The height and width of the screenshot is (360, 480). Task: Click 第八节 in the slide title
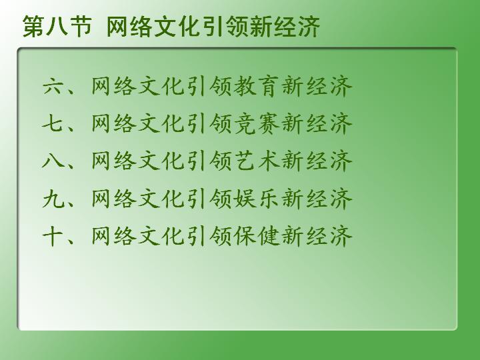coord(57,27)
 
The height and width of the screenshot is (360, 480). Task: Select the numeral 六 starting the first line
coord(54,86)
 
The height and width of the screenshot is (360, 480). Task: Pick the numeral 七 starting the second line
coord(54,124)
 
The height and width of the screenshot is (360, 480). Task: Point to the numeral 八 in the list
coord(54,161)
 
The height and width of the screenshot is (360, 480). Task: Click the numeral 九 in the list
coord(54,199)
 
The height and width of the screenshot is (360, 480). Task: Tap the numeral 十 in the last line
coord(54,236)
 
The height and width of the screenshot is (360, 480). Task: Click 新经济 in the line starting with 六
coord(317,86)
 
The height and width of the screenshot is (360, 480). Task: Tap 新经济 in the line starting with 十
coord(317,236)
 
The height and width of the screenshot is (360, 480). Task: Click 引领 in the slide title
coord(225,27)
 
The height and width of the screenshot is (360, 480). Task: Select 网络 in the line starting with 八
coord(114,161)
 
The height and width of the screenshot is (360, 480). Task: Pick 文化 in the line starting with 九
coord(161,199)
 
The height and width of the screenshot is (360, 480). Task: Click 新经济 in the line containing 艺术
coord(317,161)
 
